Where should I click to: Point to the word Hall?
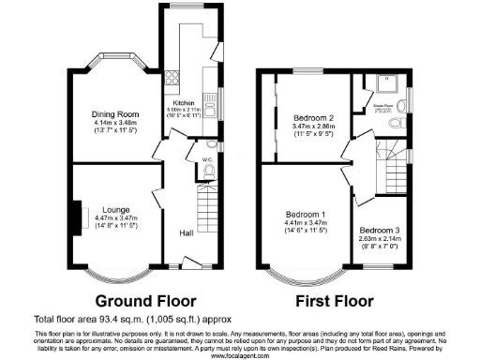pos(186,235)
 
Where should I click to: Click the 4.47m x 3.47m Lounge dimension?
pos(115,217)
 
